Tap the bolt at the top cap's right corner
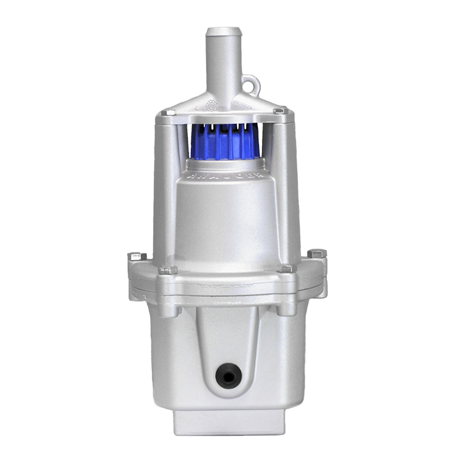[x=280, y=111]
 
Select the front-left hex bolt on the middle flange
[x=168, y=269]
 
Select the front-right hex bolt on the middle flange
[x=286, y=268]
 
